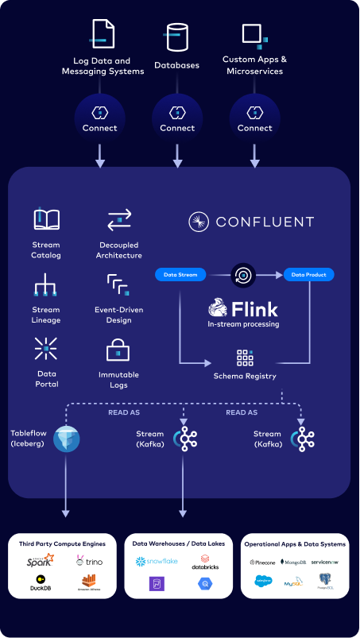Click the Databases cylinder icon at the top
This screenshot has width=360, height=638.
point(177,37)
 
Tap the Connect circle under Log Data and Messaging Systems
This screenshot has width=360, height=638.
point(100,118)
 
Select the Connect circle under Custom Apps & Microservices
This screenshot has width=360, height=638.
point(255,118)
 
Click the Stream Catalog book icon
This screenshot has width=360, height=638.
point(46,219)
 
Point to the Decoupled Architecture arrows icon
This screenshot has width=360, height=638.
point(120,219)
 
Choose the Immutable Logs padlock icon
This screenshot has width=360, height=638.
point(118,350)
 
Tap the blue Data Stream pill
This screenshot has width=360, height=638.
point(181,275)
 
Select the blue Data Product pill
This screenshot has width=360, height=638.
point(309,275)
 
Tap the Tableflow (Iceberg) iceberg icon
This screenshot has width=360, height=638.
point(66,439)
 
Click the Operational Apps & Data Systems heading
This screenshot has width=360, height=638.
point(294,543)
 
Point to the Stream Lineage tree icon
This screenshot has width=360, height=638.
point(46,284)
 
